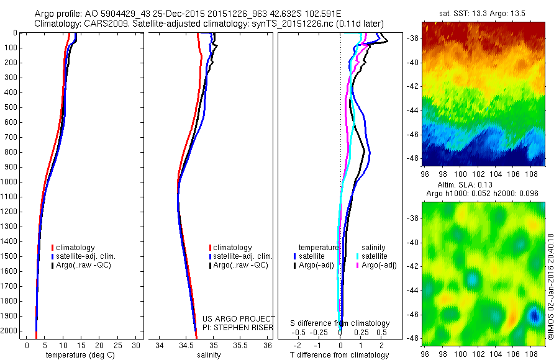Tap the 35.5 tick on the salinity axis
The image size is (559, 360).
pyautogui.click(x=240, y=345)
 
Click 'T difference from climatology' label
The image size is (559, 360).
pyautogui.click(x=340, y=355)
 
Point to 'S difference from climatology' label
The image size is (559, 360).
pyautogui.click(x=340, y=323)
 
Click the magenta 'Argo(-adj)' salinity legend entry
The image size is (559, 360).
pyautogui.click(x=379, y=265)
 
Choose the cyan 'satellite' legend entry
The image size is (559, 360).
pyautogui.click(x=375, y=256)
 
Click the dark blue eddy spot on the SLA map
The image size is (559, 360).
pyautogui.click(x=534, y=317)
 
